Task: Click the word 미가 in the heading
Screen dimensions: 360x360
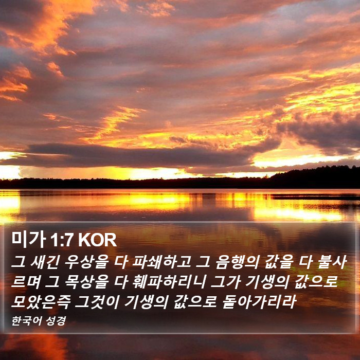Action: pyautogui.click(x=28, y=240)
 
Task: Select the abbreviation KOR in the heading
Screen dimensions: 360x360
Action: pyautogui.click(x=97, y=240)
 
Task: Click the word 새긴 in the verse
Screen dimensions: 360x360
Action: pyautogui.click(x=45, y=262)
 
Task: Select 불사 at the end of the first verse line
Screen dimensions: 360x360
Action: pyautogui.click(x=332, y=262)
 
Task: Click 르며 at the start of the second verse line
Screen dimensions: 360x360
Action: pyautogui.click(x=26, y=282)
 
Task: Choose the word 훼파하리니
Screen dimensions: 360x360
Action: pyautogui.click(x=169, y=282)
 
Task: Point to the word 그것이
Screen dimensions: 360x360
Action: pyautogui.click(x=97, y=301)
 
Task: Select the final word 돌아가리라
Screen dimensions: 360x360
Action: pyautogui.click(x=259, y=301)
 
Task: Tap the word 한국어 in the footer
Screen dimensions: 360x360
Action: pyautogui.click(x=27, y=321)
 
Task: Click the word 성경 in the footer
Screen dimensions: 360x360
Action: pyautogui.click(x=56, y=321)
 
